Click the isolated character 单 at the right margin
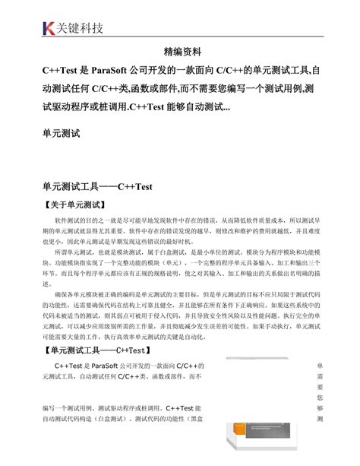pos(320,366)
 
